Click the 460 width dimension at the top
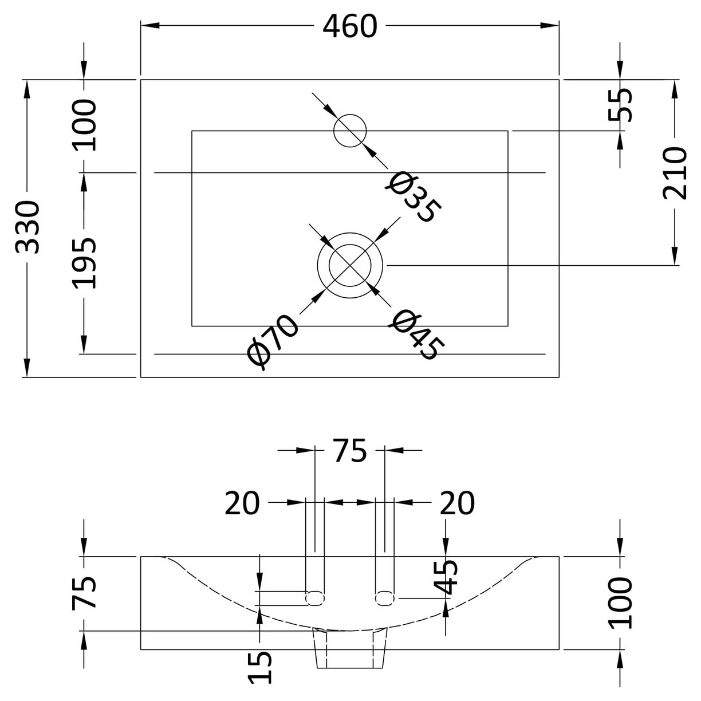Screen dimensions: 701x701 tap(349, 26)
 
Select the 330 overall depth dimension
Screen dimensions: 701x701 tap(27, 227)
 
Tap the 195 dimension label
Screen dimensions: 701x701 tap(84, 263)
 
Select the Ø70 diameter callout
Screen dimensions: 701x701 tap(273, 341)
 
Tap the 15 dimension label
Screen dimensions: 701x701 tap(260, 667)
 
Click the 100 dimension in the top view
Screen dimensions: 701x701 tap(84, 125)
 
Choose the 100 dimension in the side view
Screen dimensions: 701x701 tap(620, 603)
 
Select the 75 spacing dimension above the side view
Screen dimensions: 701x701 tap(349, 451)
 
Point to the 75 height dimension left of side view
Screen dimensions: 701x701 tap(84, 593)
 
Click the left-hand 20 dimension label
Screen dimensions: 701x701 tap(242, 503)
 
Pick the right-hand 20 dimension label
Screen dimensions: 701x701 tap(456, 503)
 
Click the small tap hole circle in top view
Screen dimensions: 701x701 tap(350, 130)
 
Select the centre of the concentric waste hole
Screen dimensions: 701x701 tap(350, 266)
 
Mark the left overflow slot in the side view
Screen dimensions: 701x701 tap(315, 598)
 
